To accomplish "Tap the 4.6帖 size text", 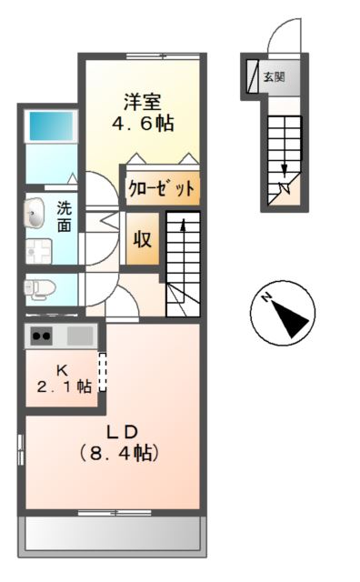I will pyautogui.click(x=142, y=122).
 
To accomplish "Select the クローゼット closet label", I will pyautogui.click(x=162, y=189).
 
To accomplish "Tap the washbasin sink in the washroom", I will pyautogui.click(x=36, y=214).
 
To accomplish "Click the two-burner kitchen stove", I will pyautogui.click(x=42, y=335).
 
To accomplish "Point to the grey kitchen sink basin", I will pyautogui.click(x=79, y=335).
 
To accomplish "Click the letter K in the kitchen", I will pyautogui.click(x=63, y=370).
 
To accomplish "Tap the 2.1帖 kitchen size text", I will pyautogui.click(x=63, y=387).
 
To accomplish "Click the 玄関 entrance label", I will pyautogui.click(x=274, y=77).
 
